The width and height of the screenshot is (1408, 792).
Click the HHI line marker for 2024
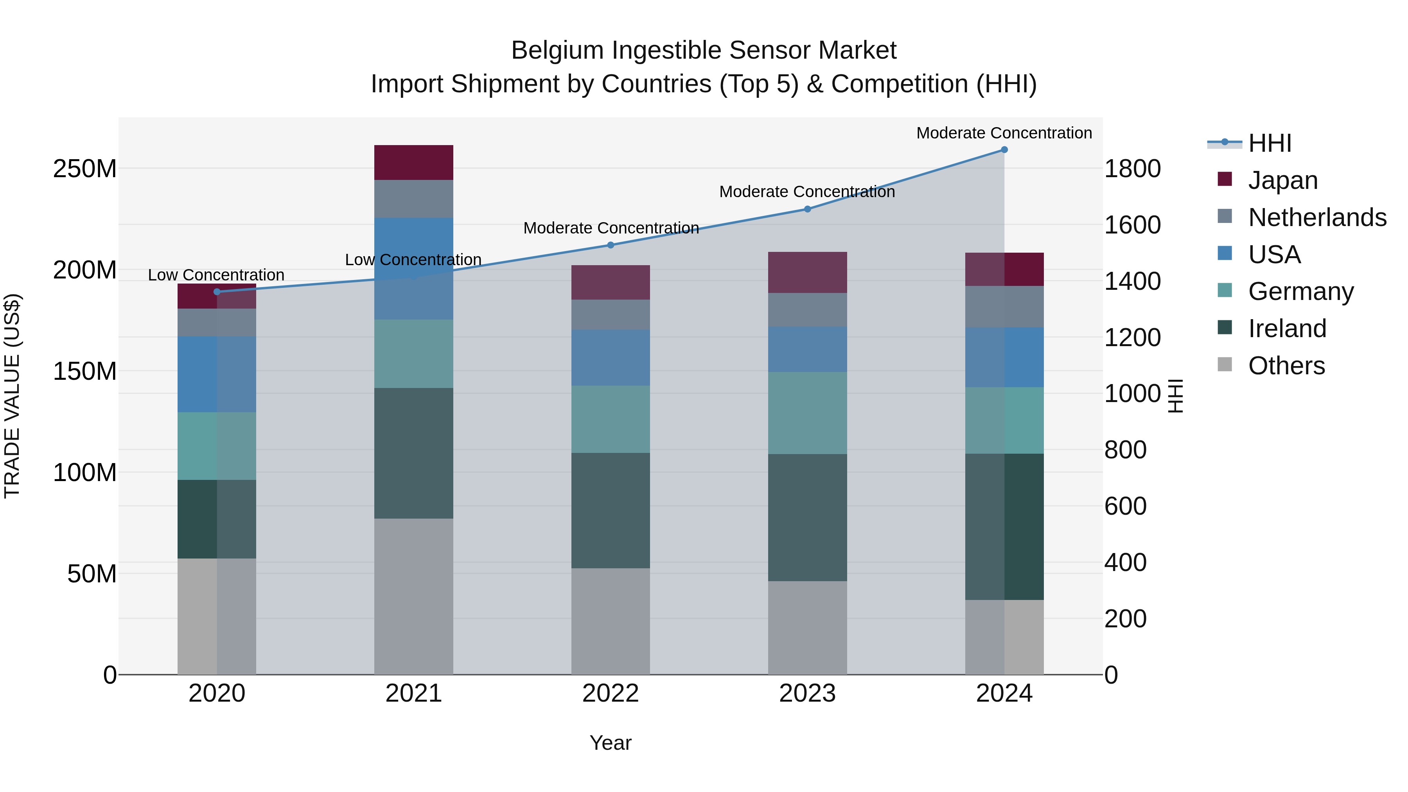pos(1004,149)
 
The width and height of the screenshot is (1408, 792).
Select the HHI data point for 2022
pos(611,245)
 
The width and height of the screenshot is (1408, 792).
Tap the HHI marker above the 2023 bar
pos(807,209)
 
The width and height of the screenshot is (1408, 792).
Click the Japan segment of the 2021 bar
pos(413,162)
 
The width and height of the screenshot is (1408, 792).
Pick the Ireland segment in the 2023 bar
pos(807,517)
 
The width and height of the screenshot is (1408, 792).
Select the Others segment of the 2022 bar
pos(611,621)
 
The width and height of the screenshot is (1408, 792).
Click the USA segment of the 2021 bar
pos(413,268)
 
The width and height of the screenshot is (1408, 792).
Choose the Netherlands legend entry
pos(1317,217)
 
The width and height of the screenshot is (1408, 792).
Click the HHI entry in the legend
pos(1270,143)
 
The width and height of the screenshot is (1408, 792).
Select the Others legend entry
pos(1287,365)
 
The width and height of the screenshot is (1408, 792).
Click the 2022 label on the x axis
pos(611,693)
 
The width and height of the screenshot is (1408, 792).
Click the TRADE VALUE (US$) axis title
pos(12,396)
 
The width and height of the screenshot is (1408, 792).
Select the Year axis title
pos(611,743)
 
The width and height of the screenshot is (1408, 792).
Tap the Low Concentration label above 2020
pos(216,275)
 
